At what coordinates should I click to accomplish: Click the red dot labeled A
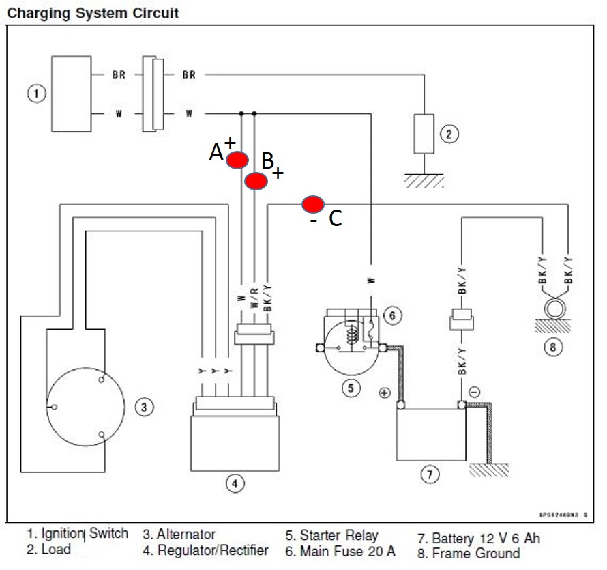click(237, 160)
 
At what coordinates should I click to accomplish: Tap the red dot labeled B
click(256, 181)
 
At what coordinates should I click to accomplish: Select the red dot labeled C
click(313, 203)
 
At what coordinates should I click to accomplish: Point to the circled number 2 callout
click(448, 134)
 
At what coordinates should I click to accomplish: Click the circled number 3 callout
click(143, 408)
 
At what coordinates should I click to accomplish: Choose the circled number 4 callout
click(235, 484)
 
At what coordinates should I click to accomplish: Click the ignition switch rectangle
click(72, 94)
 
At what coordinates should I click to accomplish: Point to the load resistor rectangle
click(424, 134)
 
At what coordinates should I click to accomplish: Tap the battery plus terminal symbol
click(385, 393)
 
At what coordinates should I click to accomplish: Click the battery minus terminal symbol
click(475, 392)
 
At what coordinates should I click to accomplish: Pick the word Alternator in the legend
click(186, 535)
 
